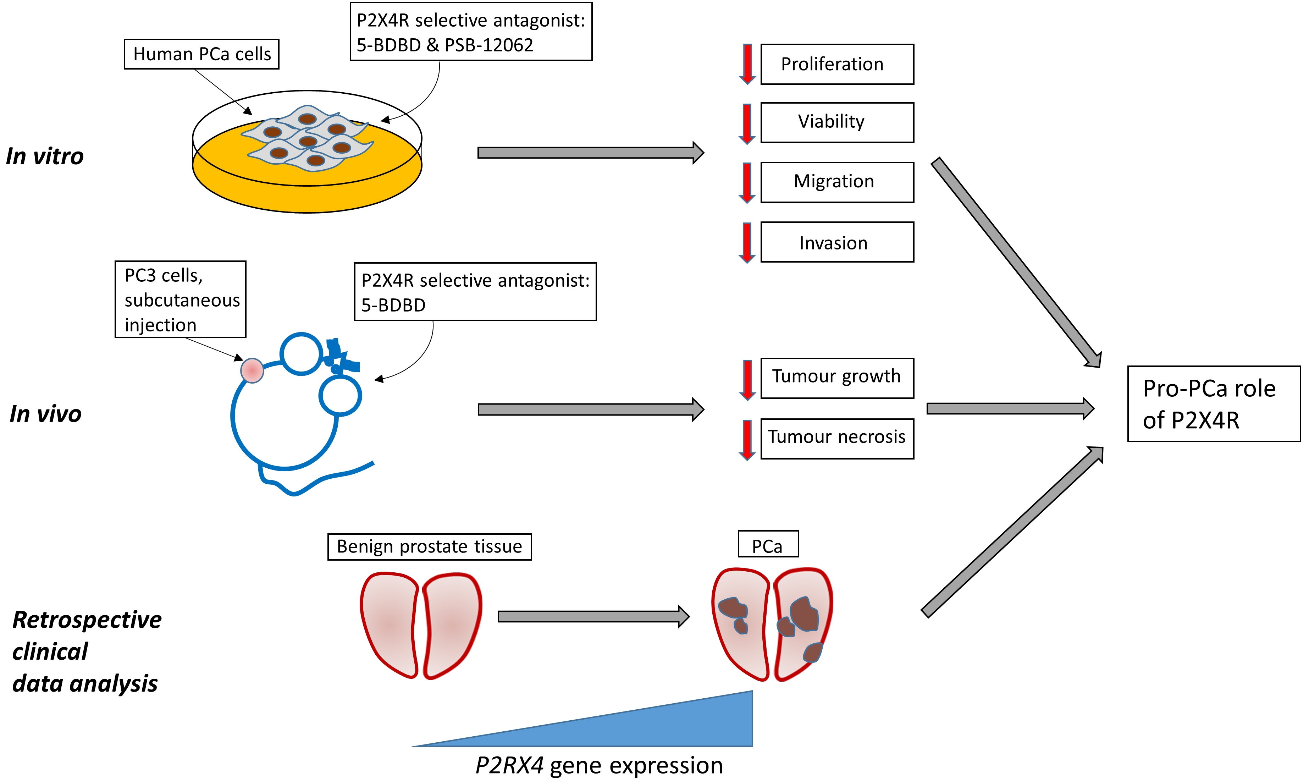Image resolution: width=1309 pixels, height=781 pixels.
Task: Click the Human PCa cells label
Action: coord(201,54)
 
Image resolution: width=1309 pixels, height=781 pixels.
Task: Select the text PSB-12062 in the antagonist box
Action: coord(489,45)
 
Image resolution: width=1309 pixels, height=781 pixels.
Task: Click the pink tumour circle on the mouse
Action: coord(252,370)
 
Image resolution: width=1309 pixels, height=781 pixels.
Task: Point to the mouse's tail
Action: coord(316,482)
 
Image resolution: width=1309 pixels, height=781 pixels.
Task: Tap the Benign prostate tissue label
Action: coord(429,546)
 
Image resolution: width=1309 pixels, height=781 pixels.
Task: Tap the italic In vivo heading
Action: coord(46,414)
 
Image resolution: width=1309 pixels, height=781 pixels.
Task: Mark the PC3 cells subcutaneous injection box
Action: coord(181,299)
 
